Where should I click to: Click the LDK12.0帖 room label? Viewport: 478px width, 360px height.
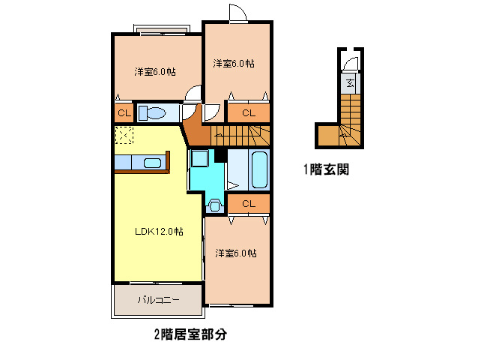pyautogui.click(x=159, y=231)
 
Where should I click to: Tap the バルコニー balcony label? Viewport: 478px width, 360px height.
pyautogui.click(x=158, y=299)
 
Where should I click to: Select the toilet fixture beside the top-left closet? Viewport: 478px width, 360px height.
pyautogui.click(x=152, y=113)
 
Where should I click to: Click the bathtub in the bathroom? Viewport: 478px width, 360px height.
pyautogui.click(x=259, y=169)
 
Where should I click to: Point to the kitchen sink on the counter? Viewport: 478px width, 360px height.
pyautogui.click(x=152, y=163)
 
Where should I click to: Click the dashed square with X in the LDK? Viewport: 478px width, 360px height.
pyautogui.click(x=124, y=135)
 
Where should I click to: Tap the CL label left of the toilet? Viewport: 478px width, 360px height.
pyautogui.click(x=124, y=113)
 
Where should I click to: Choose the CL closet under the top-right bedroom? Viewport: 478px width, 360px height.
pyautogui.click(x=249, y=113)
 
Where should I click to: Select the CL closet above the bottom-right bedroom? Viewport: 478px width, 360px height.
pyautogui.click(x=249, y=204)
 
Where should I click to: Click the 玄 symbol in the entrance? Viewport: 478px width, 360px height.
pyautogui.click(x=351, y=82)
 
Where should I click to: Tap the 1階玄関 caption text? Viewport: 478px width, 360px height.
pyautogui.click(x=326, y=169)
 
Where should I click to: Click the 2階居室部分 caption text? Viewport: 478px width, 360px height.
pyautogui.click(x=190, y=334)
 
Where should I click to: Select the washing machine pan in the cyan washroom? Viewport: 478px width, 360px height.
pyautogui.click(x=200, y=158)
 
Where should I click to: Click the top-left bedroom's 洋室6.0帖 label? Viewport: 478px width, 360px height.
pyautogui.click(x=155, y=72)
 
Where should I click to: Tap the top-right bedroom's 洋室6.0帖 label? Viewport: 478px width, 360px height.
pyautogui.click(x=234, y=64)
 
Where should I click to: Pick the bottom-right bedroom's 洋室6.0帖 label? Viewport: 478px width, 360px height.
pyautogui.click(x=236, y=253)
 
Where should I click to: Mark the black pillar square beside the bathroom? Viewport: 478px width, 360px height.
pyautogui.click(x=220, y=155)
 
